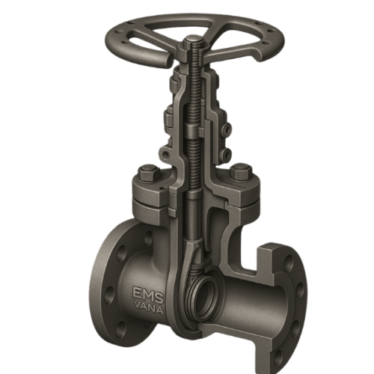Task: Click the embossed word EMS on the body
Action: point(148,293)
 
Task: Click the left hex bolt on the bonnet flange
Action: point(149,172)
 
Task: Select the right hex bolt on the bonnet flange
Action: point(241,171)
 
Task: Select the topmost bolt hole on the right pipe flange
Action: point(289,260)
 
